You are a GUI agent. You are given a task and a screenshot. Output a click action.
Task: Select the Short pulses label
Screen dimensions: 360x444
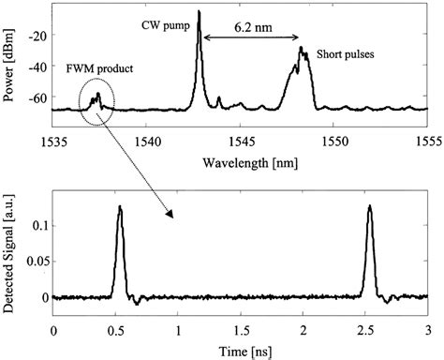pyautogui.click(x=344, y=54)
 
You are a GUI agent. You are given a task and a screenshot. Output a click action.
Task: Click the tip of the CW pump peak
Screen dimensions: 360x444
pyautogui.click(x=199, y=10)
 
